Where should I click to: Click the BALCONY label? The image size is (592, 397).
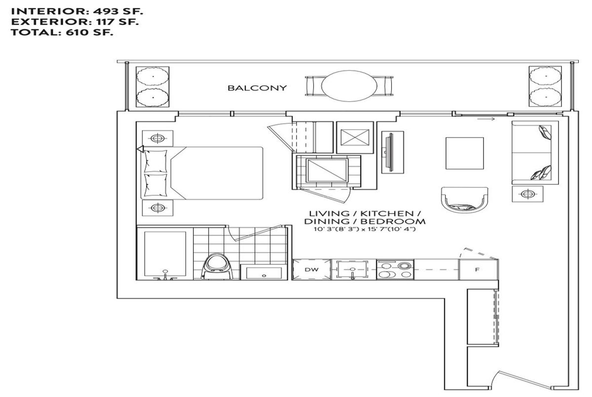(257, 88)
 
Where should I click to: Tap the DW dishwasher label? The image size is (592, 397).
(312, 270)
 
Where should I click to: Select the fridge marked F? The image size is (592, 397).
(478, 270)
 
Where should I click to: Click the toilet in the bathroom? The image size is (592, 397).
(217, 266)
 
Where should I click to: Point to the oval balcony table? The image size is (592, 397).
(349, 86)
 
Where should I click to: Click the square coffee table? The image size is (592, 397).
(465, 153)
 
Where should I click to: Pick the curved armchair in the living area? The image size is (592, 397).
(464, 200)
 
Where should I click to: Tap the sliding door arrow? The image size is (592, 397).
(486, 119)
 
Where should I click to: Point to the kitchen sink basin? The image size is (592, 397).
(352, 269)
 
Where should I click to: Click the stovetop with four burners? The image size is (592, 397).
(395, 270)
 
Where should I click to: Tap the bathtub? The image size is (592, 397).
(165, 253)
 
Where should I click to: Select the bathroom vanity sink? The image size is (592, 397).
(264, 273)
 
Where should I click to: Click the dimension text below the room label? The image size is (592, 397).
(365, 229)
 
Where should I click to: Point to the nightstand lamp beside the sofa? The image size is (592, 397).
(527, 194)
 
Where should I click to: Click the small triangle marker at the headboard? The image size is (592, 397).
(140, 149)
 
